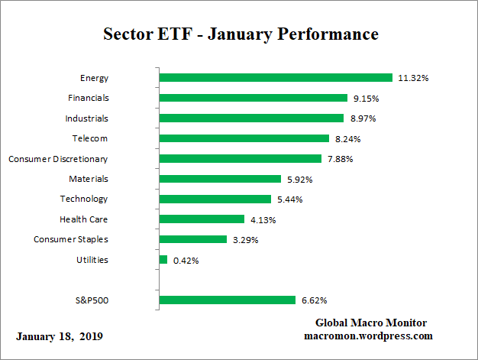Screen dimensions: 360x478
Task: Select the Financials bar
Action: click(x=253, y=98)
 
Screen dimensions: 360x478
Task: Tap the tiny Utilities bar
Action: click(x=163, y=260)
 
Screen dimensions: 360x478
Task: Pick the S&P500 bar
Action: click(x=227, y=300)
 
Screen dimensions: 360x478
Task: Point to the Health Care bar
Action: click(x=202, y=219)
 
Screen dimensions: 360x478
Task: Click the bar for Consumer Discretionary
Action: click(x=240, y=158)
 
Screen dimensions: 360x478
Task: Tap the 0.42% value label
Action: click(x=186, y=261)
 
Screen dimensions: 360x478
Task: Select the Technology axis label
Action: click(x=84, y=199)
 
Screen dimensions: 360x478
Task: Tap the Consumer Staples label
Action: click(x=71, y=239)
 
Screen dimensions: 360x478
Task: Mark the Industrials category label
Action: click(x=86, y=118)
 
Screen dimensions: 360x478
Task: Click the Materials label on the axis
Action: click(x=89, y=179)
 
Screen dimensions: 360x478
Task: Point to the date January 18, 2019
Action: click(x=59, y=336)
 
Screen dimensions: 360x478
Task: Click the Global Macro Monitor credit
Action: click(x=371, y=323)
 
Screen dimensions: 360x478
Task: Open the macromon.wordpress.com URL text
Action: click(x=369, y=336)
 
